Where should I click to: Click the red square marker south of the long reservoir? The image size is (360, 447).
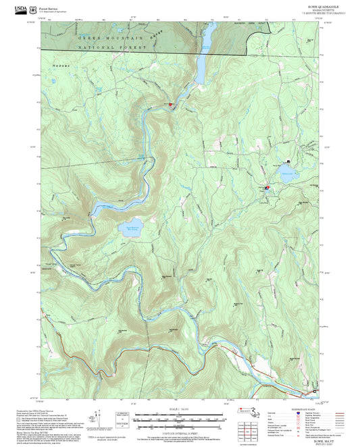coord(170,105)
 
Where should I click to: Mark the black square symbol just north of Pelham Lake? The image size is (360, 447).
coord(289,161)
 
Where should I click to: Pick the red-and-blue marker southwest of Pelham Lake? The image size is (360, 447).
coord(267,187)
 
